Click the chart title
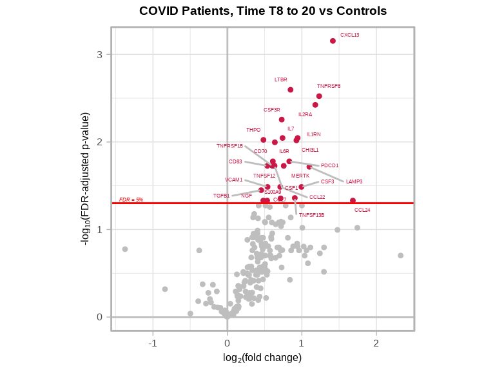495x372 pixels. tap(263, 11)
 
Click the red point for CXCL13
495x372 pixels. tap(333, 41)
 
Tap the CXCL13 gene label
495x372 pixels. tap(350, 35)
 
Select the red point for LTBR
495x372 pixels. tap(291, 90)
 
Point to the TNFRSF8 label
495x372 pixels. tap(329, 86)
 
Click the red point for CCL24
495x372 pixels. tap(353, 201)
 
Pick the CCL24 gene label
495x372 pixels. tap(362, 210)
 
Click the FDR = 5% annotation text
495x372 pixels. tap(131, 200)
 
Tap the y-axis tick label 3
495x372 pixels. tap(100, 54)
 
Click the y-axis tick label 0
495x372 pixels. tap(100, 316)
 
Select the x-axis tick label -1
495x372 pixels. tap(153, 343)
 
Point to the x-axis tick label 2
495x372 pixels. tap(376, 343)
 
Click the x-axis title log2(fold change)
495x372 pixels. tap(262, 357)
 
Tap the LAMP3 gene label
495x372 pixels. tap(354, 181)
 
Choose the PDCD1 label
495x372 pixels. tap(329, 165)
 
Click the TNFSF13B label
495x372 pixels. tap(311, 215)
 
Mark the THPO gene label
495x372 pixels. tap(253, 130)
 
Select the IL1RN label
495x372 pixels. tap(313, 134)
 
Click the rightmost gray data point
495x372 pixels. tap(400, 256)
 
